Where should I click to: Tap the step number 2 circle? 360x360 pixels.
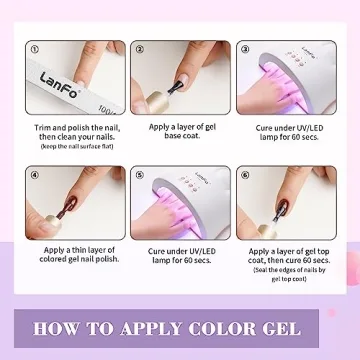140,47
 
